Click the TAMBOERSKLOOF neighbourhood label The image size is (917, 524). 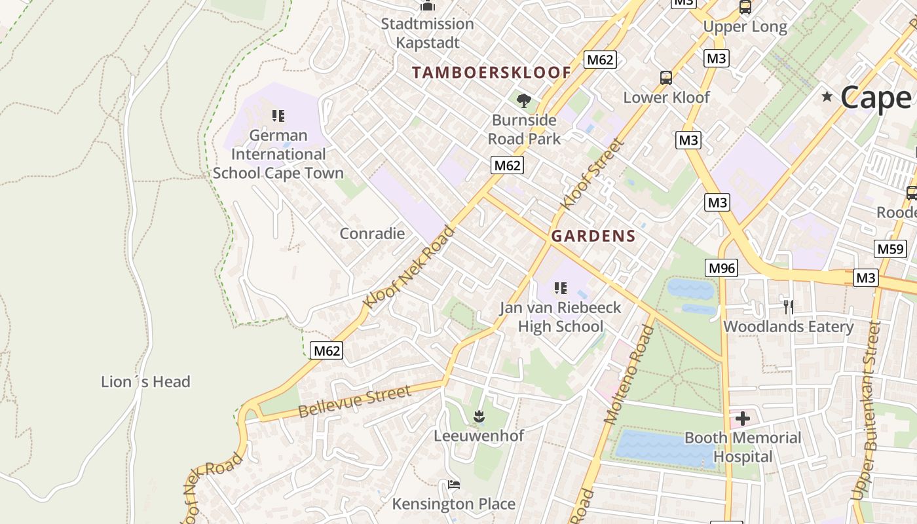(491, 73)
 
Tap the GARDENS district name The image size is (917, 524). (593, 236)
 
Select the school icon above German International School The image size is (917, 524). (278, 117)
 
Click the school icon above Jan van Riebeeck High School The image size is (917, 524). (560, 288)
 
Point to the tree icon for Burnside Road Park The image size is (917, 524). (523, 101)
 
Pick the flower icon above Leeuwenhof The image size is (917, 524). (479, 416)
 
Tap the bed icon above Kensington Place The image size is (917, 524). (454, 485)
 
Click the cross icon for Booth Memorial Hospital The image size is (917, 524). (742, 418)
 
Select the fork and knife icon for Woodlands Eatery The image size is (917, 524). (789, 307)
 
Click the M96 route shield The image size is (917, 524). (721, 268)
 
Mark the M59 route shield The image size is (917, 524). (889, 249)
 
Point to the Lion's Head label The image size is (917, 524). (145, 382)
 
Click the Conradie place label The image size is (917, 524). (372, 234)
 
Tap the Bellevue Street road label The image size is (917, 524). (354, 402)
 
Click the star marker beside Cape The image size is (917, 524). (827, 97)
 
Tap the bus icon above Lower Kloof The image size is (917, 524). (666, 78)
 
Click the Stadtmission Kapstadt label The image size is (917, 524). (428, 33)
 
